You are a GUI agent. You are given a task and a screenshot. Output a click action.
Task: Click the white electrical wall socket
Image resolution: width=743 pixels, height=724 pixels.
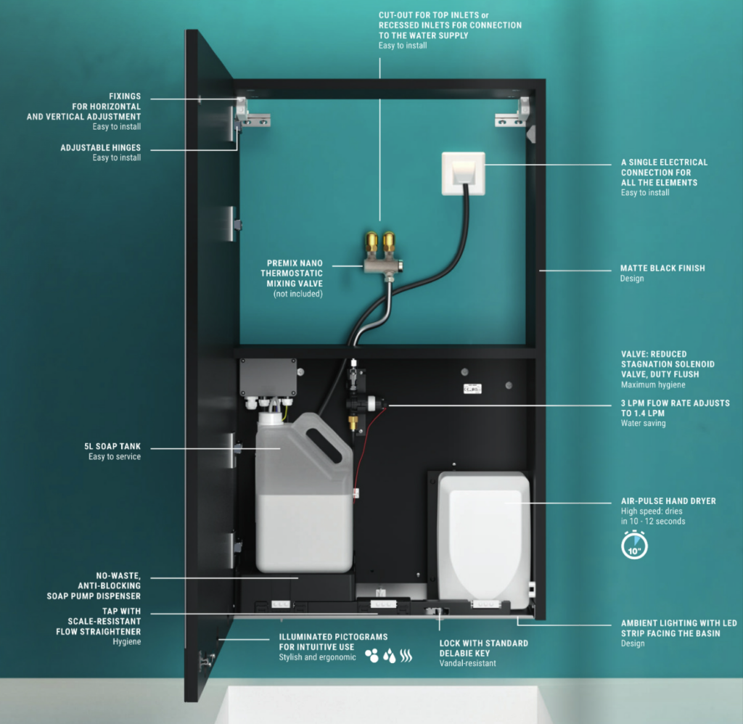pyautogui.click(x=462, y=175)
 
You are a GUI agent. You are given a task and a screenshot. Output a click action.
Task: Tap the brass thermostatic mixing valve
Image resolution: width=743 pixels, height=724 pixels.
pyautogui.click(x=380, y=259)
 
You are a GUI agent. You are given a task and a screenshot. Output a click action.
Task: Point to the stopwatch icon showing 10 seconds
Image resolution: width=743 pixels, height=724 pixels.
pyautogui.click(x=634, y=546)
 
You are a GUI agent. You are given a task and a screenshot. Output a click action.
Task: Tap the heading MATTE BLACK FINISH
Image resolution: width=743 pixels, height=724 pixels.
pyautogui.click(x=662, y=268)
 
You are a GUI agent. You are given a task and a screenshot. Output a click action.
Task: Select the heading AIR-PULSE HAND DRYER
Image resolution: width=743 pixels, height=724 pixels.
pyautogui.click(x=668, y=501)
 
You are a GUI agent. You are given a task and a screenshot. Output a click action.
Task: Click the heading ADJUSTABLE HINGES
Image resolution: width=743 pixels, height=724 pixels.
pyautogui.click(x=100, y=148)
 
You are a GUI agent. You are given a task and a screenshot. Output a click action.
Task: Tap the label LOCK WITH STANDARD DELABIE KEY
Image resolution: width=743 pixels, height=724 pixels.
pyautogui.click(x=483, y=648)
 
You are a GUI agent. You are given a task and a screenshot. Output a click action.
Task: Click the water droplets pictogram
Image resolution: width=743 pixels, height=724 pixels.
pyautogui.click(x=389, y=656)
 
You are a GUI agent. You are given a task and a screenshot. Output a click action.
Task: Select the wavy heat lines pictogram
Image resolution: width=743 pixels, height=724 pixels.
pyautogui.click(x=406, y=656)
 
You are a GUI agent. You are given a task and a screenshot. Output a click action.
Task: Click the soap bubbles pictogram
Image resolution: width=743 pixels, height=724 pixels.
pyautogui.click(x=371, y=656)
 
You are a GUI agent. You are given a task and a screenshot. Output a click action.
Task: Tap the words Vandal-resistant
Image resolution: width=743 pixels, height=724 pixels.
pyautogui.click(x=467, y=663)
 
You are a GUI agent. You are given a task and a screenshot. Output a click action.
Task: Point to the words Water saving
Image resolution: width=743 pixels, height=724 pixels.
pyautogui.click(x=643, y=423)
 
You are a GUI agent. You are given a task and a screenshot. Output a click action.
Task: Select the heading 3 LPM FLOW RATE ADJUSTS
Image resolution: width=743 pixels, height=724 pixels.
pyautogui.click(x=675, y=403)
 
